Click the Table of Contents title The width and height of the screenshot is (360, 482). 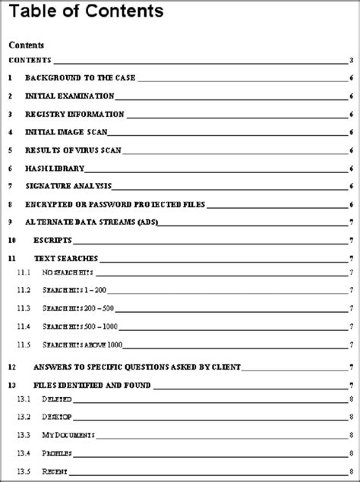[86, 12]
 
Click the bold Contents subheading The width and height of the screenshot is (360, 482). [27, 45]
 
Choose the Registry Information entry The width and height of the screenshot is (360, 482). [74, 115]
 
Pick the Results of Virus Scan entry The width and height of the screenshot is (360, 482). [74, 150]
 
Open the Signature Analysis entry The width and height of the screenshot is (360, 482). [68, 187]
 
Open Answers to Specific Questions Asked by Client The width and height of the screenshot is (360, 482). [137, 367]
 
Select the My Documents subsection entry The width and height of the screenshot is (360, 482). [68, 435]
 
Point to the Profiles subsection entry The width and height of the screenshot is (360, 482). [58, 453]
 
